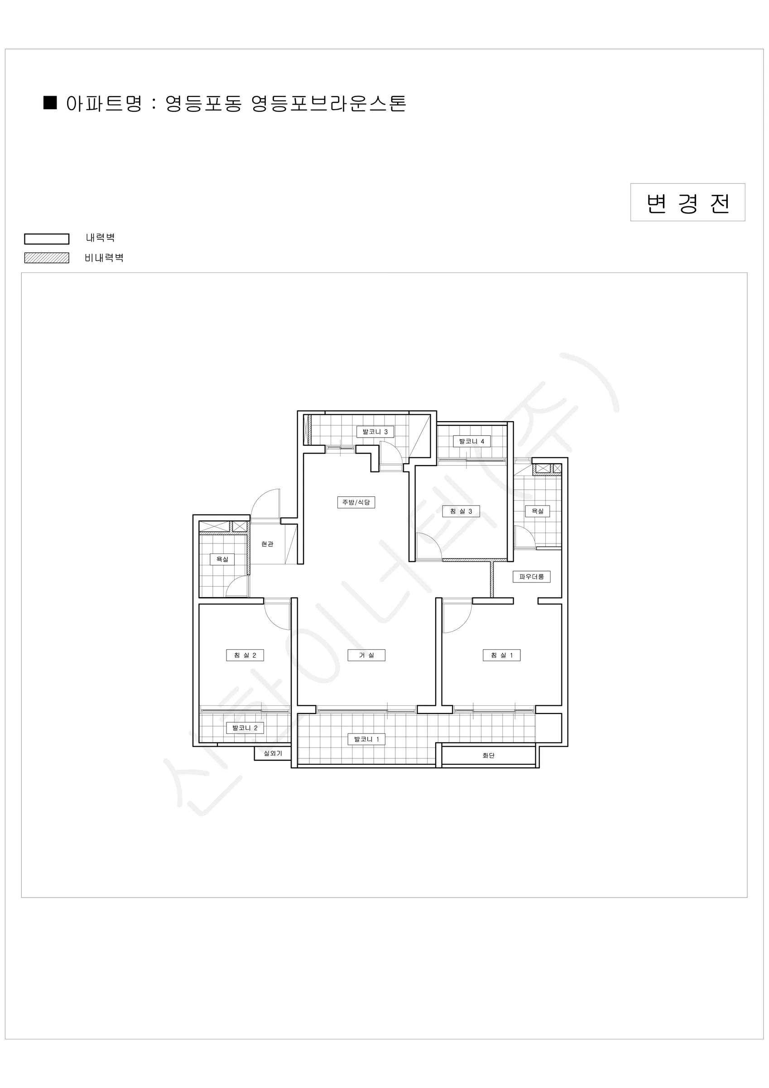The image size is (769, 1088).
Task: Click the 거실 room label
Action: coord(366,656)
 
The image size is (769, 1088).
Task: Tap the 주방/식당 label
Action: coord(356,502)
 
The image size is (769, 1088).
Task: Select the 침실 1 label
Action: coord(501,656)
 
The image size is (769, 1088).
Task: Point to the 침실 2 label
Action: coord(245,656)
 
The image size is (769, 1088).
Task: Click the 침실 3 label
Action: coord(461,511)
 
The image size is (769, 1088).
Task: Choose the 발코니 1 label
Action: coord(366,739)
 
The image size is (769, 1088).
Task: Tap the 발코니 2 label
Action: coord(245,728)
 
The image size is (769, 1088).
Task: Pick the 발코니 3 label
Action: coord(375,432)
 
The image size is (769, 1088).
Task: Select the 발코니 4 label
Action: coord(471,441)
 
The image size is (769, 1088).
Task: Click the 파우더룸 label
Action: coord(531,577)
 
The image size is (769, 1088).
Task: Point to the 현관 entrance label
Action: coord(268,544)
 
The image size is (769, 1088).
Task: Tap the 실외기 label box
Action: coord(273,753)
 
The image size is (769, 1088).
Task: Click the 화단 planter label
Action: coord(489,755)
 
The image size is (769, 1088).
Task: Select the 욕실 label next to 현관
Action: coord(222,559)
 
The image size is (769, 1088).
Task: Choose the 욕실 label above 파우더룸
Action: coord(538,511)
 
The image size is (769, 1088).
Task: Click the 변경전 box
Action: coord(687,202)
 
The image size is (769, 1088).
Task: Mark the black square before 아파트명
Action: coord(50,103)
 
